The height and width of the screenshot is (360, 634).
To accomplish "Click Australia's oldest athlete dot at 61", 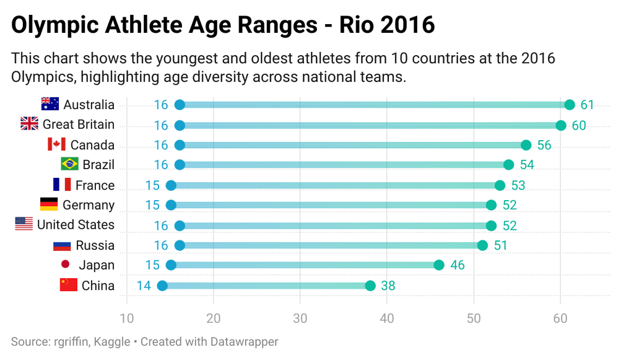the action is pos(570,105).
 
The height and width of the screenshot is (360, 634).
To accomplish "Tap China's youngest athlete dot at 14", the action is pos(162,286).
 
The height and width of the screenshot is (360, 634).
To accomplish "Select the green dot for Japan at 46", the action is pos(439,265).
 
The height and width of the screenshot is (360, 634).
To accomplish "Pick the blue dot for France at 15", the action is pos(171,185).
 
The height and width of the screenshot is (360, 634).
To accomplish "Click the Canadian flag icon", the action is pos(56,144).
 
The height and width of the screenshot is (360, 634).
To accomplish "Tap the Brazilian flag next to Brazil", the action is pos(69,164).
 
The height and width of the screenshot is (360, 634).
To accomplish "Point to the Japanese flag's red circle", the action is pos(65,264).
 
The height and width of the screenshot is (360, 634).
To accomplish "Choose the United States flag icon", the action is pos(24,224).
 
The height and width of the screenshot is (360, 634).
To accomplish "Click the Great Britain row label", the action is pos(79,125).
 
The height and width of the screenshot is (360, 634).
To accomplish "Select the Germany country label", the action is pos(89,205).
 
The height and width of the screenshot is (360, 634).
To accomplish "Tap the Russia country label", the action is pos(95,245).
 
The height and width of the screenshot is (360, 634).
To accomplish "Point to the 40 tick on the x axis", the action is pos(387,318).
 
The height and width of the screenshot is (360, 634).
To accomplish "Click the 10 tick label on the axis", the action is pos(127,318).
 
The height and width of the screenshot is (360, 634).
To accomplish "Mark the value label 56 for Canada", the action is pos(544,145).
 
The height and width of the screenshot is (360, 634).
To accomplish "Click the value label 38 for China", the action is pos(388,286).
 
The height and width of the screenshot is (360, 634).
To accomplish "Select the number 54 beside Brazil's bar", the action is pos(528,165).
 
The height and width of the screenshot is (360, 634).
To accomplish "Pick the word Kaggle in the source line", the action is pos(112,342).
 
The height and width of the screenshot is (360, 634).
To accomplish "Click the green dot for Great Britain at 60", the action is pos(561,125).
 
